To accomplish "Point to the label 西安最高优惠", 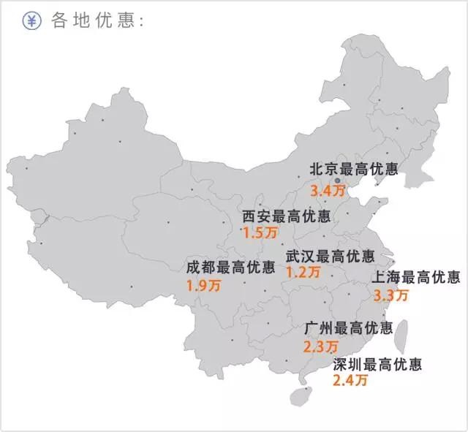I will [x=286, y=217].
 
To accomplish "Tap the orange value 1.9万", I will [x=202, y=285].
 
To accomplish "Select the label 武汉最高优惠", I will [x=330, y=257].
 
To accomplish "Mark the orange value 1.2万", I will [x=303, y=273].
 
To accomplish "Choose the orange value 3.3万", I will [x=390, y=296].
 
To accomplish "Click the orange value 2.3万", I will [x=320, y=346].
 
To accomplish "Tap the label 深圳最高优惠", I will [x=377, y=363].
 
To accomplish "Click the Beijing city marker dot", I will [x=337, y=179].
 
